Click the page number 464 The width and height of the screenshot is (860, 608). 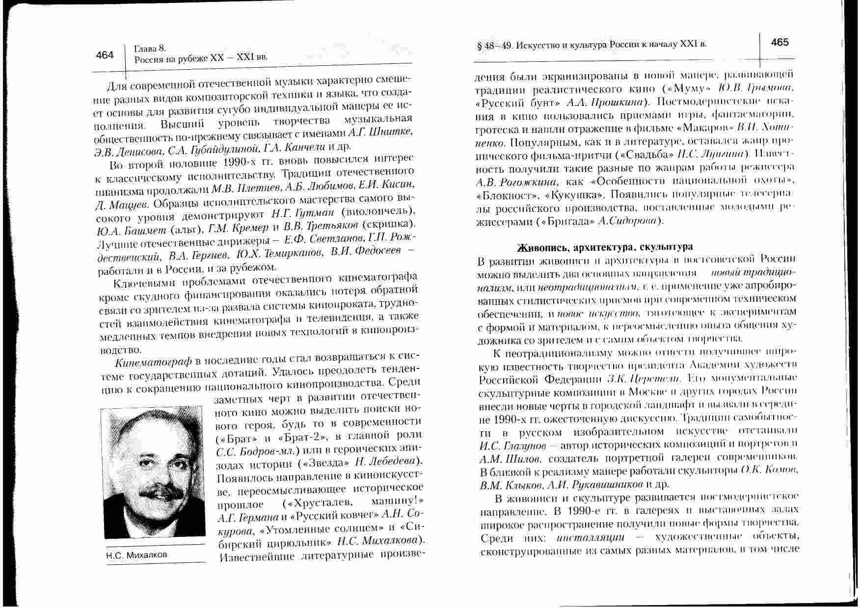(105, 55)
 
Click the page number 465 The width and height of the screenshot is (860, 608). (780, 43)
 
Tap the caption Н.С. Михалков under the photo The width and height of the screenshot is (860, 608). (136, 555)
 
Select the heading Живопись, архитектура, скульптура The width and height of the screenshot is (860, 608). (606, 247)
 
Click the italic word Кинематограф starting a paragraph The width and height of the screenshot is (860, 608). (153, 363)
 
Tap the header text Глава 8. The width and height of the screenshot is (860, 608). (150, 48)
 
